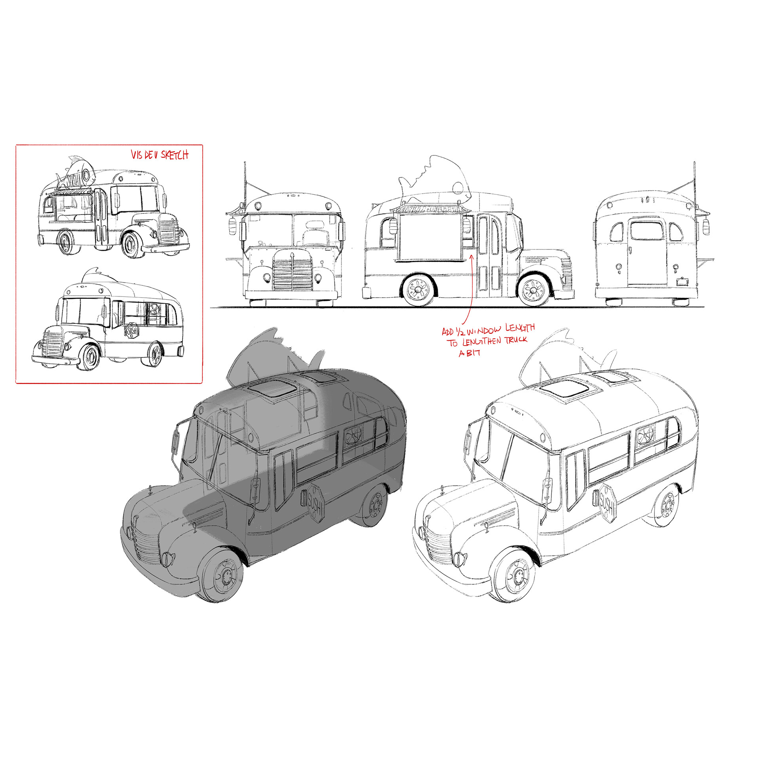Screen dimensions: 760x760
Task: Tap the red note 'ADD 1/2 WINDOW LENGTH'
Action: [488, 329]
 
